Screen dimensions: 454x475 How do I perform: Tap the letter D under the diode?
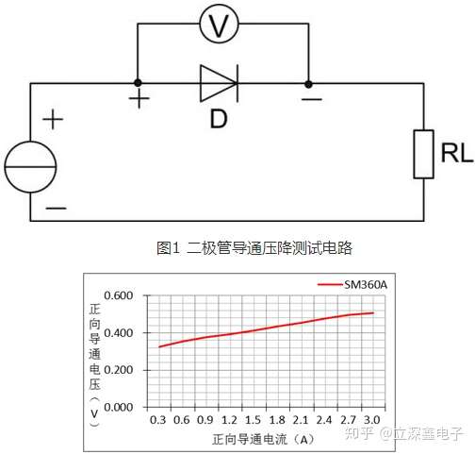(219, 120)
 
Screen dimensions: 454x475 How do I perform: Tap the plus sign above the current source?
(53, 120)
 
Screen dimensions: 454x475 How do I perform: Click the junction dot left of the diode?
(138, 83)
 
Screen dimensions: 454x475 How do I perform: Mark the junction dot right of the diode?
(309, 83)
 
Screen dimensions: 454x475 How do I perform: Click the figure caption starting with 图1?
(259, 247)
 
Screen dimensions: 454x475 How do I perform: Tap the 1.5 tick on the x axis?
(252, 419)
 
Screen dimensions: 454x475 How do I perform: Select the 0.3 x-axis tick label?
(158, 419)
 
